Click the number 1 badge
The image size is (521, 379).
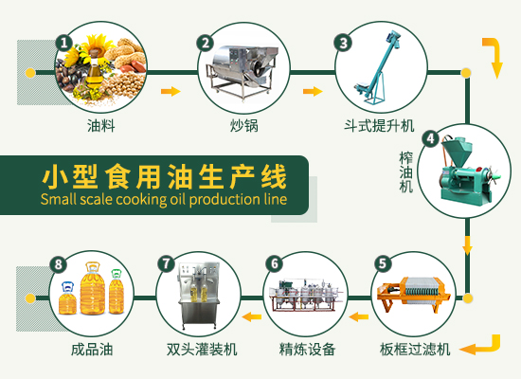(64, 43)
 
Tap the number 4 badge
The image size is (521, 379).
(429, 138)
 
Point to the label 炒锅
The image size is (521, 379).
(243, 125)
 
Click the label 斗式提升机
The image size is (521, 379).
(379, 125)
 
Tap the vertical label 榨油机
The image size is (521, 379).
(406, 171)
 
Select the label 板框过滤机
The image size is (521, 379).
(416, 349)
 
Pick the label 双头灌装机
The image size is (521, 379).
(200, 349)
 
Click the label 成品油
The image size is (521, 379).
(91, 349)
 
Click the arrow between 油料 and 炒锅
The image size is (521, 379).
(171, 92)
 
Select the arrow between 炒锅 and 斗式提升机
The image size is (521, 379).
(312, 92)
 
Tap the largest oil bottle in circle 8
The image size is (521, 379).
(92, 289)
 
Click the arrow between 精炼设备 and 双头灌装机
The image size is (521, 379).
(250, 316)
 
